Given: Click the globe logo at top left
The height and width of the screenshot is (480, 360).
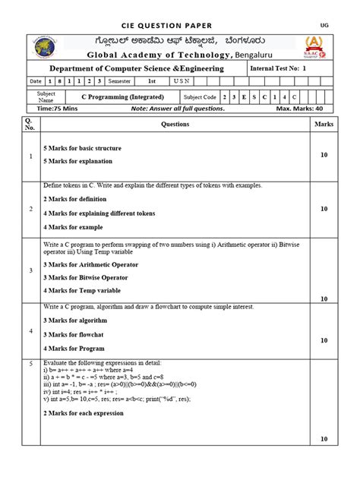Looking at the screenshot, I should (49, 47).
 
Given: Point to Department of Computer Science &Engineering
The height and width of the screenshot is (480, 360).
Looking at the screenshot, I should (143, 69).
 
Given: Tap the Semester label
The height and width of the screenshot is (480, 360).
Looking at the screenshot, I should (119, 81).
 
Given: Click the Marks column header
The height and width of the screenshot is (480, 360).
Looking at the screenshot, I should (324, 124).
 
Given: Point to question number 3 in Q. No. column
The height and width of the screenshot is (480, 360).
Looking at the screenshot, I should (31, 270).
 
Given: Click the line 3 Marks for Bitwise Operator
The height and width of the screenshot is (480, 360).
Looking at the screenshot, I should (86, 277).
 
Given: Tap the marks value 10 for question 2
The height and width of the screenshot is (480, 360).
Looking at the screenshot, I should (324, 208).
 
